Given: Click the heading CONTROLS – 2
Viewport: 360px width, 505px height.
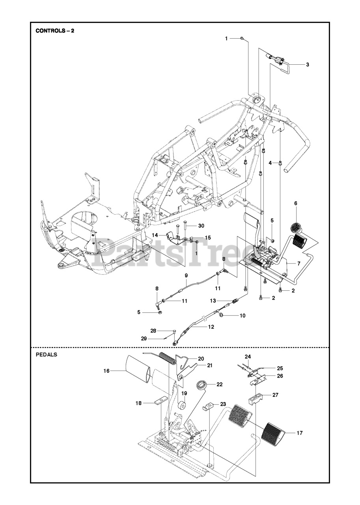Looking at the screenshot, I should tap(55, 31).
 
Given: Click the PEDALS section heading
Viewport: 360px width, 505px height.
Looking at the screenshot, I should tap(47, 354).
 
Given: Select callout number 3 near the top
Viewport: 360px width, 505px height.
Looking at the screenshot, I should tap(308, 64).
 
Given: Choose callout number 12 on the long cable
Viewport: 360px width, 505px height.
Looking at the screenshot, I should tap(211, 327).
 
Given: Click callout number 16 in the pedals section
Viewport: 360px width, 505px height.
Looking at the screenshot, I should tap(106, 370).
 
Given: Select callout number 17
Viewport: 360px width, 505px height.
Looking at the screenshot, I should tap(300, 433).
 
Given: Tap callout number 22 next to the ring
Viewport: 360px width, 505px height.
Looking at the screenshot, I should tap(219, 384).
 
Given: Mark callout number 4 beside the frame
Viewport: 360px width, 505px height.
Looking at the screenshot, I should tap(270, 163).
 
